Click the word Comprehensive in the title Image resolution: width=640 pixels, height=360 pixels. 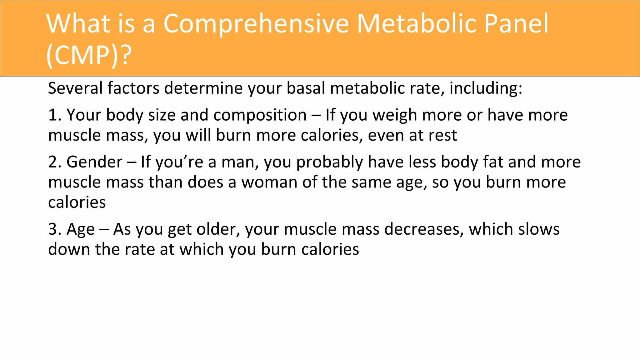pos(256,24)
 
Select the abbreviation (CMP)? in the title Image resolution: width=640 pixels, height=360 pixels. pos(89,55)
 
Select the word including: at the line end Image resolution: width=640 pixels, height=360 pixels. pos(486,88)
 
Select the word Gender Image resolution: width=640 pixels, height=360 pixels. pos(94,162)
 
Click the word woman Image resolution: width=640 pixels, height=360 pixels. pos(269,182)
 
